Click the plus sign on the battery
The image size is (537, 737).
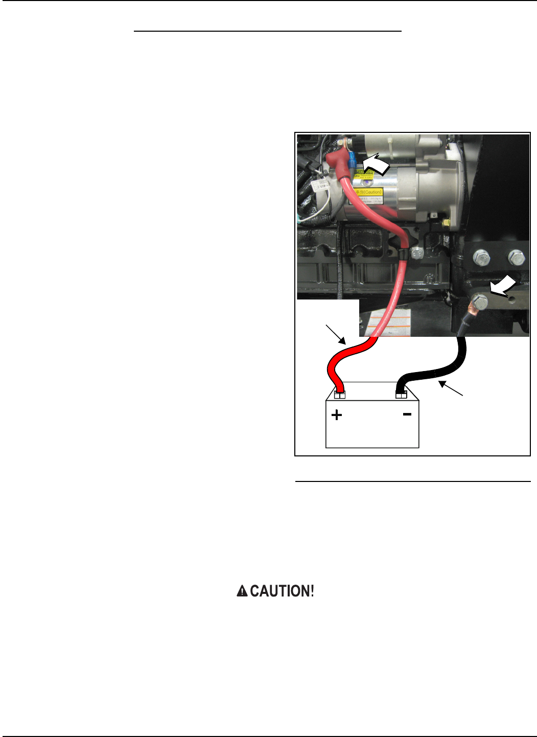(x=337, y=415)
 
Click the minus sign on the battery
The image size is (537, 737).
(x=407, y=414)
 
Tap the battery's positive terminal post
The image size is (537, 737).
(x=339, y=395)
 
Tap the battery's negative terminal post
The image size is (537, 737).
(x=401, y=394)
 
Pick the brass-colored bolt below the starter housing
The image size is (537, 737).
(x=446, y=223)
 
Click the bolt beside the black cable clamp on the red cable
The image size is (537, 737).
(x=417, y=252)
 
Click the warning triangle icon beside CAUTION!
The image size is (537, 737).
(x=242, y=591)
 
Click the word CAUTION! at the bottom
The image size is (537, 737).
(x=282, y=591)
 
